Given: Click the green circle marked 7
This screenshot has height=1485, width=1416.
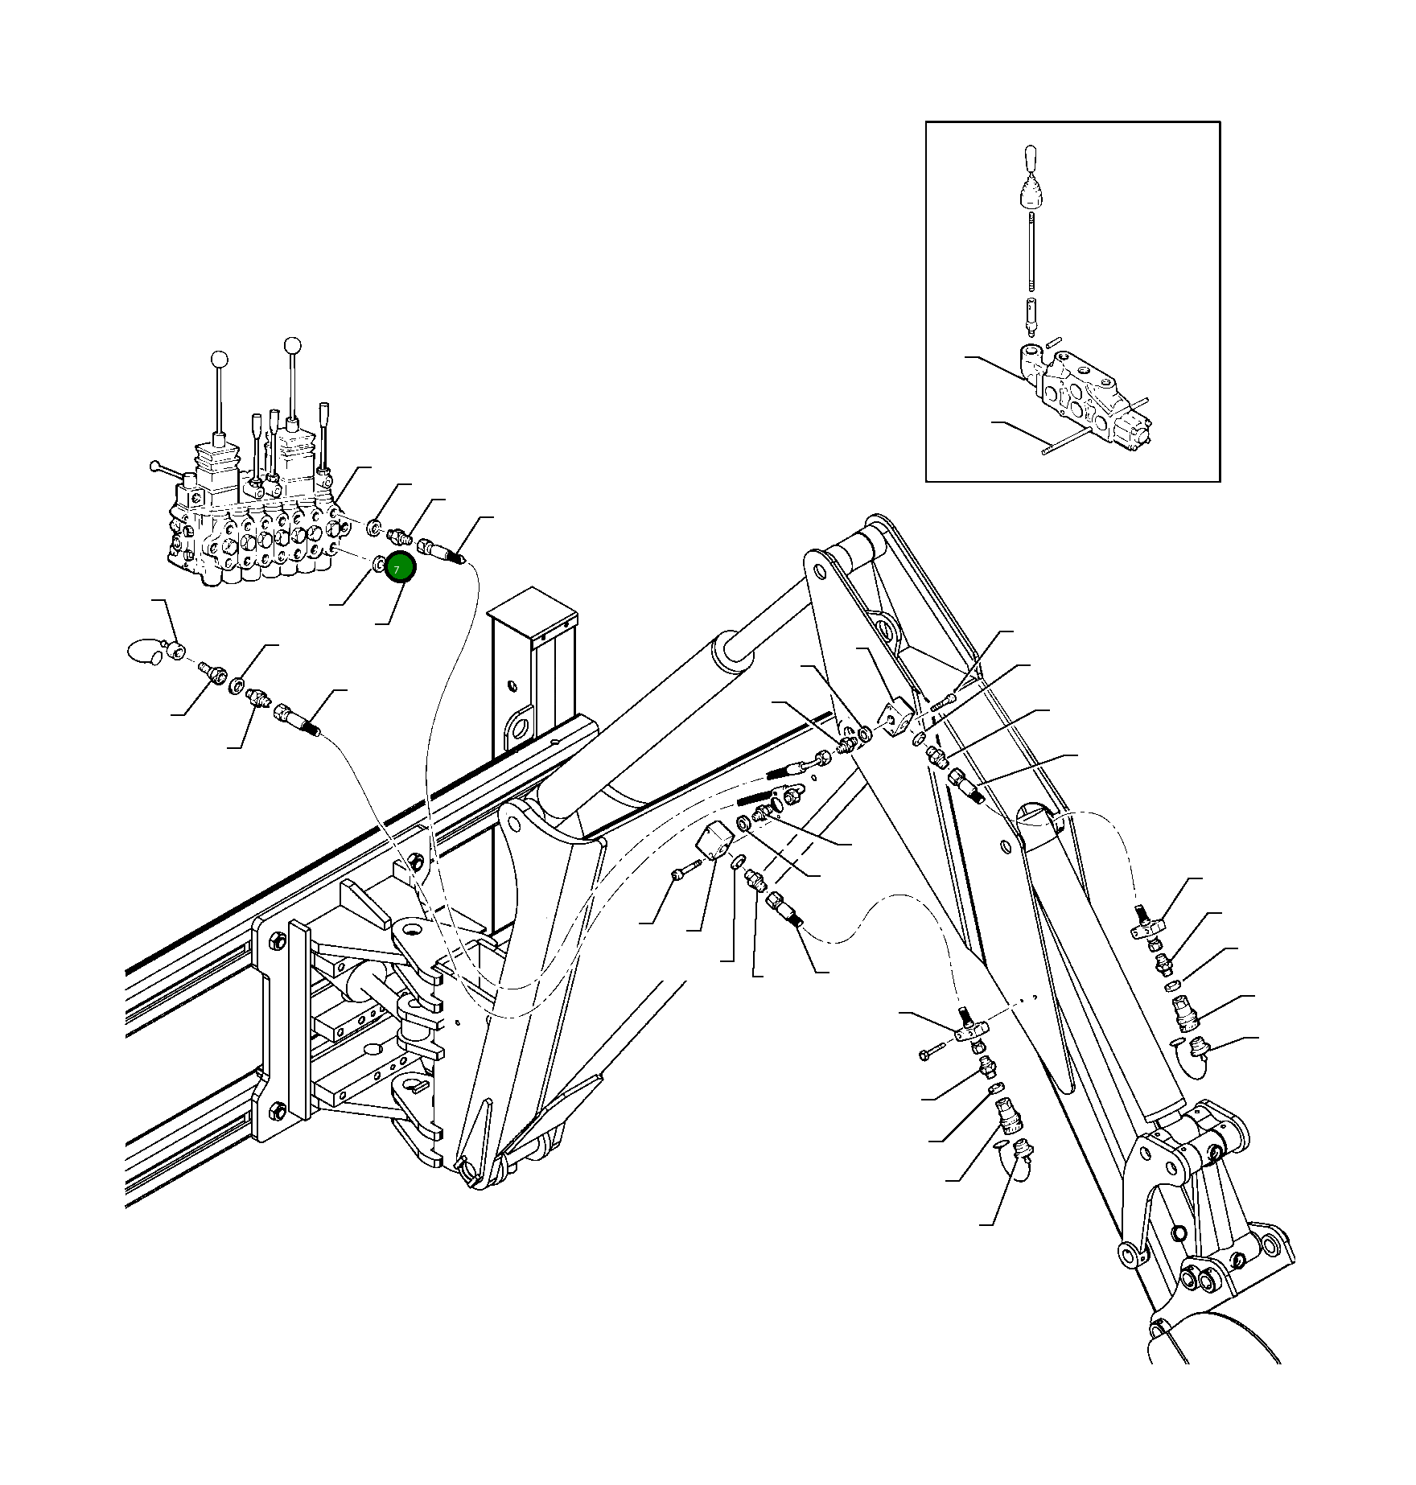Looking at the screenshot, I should pos(400,568).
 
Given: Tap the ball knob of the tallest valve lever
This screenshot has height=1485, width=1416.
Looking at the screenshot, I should pos(293,345).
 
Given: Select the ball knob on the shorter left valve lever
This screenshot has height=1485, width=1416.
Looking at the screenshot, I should pos(218,360).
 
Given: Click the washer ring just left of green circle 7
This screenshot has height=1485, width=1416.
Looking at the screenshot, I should pos(378,565).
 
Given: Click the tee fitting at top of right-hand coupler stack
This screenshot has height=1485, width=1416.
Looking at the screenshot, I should pos(1146,925).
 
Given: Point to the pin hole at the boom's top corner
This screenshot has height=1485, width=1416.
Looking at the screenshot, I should pos(820,572).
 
